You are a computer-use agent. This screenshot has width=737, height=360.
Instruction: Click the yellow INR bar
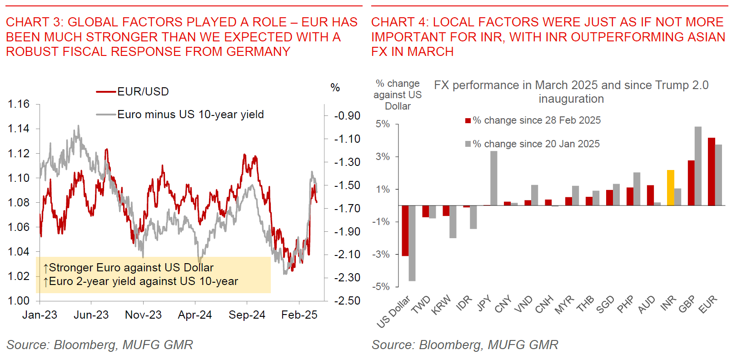click(670, 188)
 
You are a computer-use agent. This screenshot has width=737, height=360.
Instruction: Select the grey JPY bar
click(493, 178)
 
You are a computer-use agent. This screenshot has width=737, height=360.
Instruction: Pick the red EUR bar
click(711, 171)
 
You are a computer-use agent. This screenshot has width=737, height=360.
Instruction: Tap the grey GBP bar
click(698, 166)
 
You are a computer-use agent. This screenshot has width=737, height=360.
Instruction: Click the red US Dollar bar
click(405, 230)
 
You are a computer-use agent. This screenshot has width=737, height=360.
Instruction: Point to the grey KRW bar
click(453, 221)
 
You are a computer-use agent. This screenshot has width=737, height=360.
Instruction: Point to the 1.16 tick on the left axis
click(19, 104)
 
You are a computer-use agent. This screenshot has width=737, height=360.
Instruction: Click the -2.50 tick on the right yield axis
click(347, 301)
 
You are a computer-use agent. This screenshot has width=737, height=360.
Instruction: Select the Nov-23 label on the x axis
click(143, 315)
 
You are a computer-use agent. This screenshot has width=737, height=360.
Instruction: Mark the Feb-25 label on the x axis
click(299, 315)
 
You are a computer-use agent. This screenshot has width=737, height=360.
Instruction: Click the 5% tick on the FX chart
click(383, 124)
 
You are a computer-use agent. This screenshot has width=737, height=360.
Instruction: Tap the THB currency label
click(585, 304)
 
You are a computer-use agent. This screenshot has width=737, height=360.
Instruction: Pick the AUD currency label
click(646, 305)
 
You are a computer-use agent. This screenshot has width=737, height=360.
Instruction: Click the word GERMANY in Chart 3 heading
click(258, 52)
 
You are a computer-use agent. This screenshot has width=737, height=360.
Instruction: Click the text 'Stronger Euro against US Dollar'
click(131, 268)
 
